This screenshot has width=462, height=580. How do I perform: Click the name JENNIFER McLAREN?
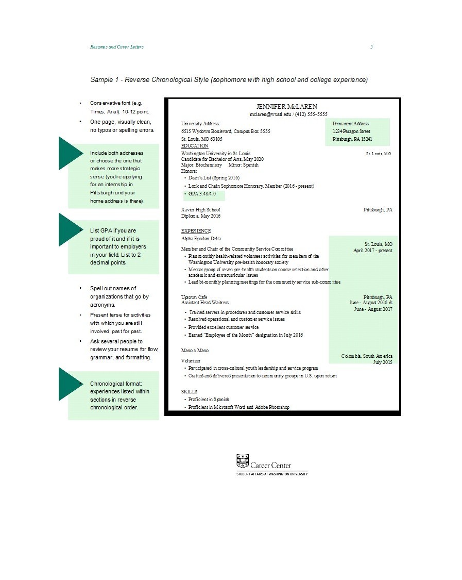[283, 107]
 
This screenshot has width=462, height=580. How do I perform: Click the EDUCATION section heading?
[195, 146]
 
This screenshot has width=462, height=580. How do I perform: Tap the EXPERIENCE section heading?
[196, 230]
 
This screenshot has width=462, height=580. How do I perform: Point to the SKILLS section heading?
[189, 392]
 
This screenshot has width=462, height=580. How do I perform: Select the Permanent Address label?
[351, 124]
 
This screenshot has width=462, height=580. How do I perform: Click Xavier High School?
[200, 210]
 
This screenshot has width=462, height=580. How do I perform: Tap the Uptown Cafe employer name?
[194, 297]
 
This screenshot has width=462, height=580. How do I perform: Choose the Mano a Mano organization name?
[195, 351]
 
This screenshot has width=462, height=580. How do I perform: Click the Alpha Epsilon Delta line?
[201, 239]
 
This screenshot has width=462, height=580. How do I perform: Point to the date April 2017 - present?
[372, 251]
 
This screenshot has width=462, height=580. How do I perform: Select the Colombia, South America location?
[367, 356]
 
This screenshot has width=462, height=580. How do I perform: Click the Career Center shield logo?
[242, 460]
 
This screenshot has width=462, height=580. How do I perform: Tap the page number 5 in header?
[371, 47]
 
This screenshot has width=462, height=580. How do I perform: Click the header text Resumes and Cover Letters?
[116, 47]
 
